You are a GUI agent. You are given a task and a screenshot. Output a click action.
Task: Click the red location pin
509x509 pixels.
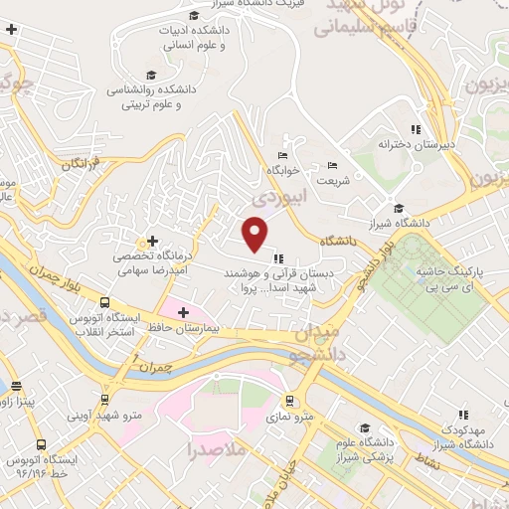pyautogui.click(x=255, y=233)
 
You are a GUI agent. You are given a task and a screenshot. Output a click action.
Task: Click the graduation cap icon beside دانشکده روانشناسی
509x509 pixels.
pyautogui.click(x=151, y=75)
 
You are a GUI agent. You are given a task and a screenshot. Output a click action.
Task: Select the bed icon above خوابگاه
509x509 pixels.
pyautogui.click(x=283, y=155)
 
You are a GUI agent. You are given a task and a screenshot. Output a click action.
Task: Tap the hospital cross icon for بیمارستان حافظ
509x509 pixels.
pyautogui.click(x=183, y=313)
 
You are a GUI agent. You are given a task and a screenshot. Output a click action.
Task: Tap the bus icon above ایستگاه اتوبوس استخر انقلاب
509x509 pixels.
pyautogui.click(x=104, y=301)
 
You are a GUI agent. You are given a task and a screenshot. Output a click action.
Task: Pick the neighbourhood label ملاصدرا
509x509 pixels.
pyautogui.click(x=216, y=451)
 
